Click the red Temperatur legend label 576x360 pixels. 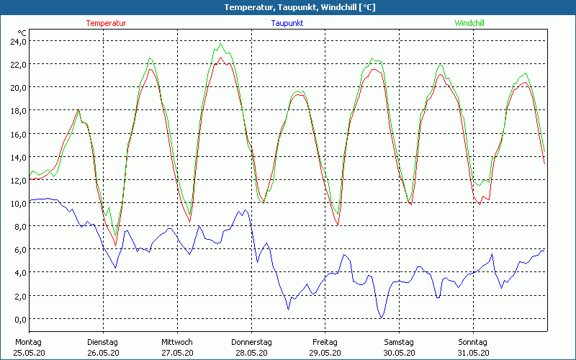point(106,23)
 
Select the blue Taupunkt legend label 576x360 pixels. point(287,23)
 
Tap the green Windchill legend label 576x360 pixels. point(469,23)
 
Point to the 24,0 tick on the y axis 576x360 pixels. point(17,41)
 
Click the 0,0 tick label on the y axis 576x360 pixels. point(19,319)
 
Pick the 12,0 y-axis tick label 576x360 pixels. point(17,180)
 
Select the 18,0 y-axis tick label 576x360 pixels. point(17,111)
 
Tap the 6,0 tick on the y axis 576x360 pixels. point(19,250)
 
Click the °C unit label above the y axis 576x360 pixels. point(22,33)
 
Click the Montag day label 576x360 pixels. point(29,342)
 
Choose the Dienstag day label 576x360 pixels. point(102,342)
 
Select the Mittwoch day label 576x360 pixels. point(177,342)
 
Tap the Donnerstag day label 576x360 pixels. point(251,342)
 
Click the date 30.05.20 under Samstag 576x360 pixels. point(399,353)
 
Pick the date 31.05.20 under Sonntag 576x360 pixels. point(473,353)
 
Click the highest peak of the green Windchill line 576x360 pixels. point(220,43)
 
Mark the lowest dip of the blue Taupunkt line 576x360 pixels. point(381,318)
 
